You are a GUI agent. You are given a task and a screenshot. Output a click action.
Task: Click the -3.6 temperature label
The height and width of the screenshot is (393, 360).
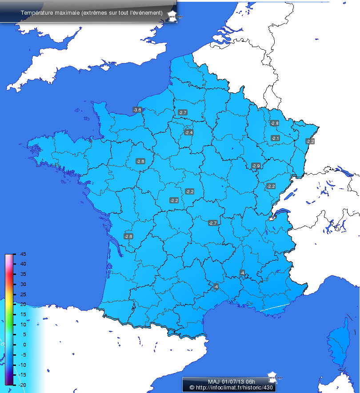137,110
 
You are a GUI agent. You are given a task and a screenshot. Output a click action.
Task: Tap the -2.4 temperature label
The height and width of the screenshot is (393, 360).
189,133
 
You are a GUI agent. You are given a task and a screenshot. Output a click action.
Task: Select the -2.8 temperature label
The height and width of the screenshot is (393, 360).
274,123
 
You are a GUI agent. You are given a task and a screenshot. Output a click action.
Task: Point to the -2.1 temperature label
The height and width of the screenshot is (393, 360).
275,139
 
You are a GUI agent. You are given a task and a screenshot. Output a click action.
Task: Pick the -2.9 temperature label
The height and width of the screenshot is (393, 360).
256,166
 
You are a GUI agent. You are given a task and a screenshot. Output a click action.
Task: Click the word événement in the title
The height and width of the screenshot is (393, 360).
143,12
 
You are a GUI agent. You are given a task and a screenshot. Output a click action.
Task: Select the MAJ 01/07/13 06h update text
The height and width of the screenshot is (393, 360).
226,381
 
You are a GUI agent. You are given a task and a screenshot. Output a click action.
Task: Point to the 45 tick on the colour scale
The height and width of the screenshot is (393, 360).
23,254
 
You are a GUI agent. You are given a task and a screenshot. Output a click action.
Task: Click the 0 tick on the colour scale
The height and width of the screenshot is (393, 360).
24,345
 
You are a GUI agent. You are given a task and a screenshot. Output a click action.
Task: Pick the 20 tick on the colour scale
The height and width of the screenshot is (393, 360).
23,304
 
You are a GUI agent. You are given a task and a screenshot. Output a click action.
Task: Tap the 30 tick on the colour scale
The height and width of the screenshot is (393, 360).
23,284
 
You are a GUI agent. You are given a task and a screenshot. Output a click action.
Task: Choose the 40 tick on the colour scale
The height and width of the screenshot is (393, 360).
23,264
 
